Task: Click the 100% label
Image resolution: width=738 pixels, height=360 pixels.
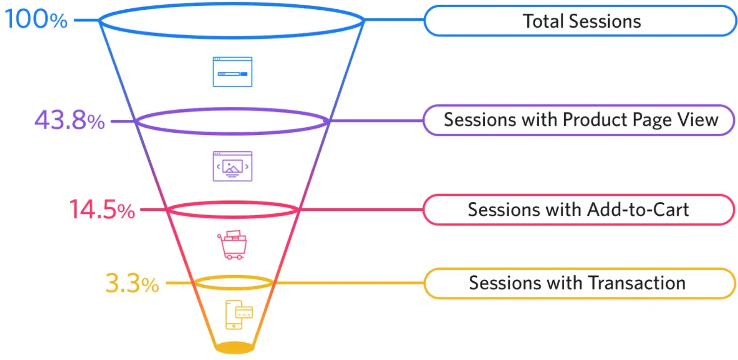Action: click(36, 19)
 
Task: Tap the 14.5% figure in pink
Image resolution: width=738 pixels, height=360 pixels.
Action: click(102, 209)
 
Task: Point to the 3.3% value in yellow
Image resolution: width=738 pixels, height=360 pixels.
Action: click(132, 283)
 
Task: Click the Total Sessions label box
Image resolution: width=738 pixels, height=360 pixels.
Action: click(581, 21)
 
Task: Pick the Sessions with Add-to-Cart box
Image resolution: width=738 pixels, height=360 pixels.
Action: click(578, 210)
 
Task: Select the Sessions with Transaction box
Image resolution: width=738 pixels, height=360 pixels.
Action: click(579, 283)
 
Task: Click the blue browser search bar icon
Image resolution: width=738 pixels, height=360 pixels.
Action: click(232, 72)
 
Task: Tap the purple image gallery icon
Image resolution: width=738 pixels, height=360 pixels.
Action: click(232, 166)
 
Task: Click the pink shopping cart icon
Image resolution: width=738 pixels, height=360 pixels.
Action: click(232, 245)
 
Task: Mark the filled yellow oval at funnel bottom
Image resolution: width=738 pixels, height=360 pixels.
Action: click(234, 348)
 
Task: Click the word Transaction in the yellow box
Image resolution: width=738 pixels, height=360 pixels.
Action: click(637, 283)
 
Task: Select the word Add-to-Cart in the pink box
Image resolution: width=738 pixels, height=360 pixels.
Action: click(638, 210)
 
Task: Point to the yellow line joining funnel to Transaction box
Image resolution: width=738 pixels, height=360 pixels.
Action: click(348, 283)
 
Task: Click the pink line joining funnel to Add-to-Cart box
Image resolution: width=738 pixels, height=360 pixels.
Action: click(361, 210)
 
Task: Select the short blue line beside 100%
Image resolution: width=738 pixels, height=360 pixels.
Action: click(86, 20)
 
